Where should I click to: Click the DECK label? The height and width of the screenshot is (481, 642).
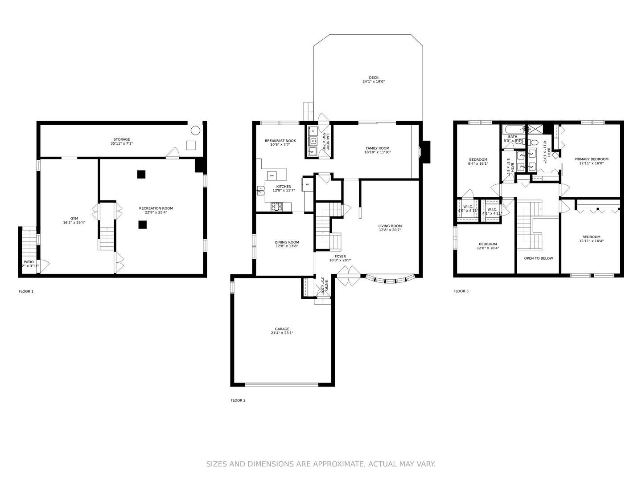373,78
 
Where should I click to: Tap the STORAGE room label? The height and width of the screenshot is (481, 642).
122,139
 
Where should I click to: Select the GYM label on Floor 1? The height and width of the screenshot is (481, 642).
74,218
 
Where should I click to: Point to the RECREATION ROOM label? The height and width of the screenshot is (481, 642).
156,208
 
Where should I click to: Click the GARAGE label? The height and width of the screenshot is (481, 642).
282,329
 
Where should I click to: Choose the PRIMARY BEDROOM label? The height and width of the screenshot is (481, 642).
591,159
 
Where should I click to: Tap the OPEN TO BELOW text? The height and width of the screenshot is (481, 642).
538,258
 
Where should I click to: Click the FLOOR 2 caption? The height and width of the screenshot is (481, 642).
238,400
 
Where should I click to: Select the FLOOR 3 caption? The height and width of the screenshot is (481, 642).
461,291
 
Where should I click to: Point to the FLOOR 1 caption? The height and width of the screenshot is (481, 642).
26,292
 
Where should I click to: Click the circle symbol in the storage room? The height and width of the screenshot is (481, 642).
195,130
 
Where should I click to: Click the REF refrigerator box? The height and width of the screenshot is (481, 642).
308,184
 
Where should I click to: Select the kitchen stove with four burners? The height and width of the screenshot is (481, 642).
276,206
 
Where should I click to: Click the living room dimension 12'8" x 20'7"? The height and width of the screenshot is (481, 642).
390,230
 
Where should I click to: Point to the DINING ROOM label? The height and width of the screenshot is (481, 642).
287,242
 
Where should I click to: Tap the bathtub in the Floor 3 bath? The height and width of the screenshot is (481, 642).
514,130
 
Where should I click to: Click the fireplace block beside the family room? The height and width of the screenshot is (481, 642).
426,152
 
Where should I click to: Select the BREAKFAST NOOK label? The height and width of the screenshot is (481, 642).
280,141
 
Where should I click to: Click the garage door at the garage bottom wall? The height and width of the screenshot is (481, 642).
282,384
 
